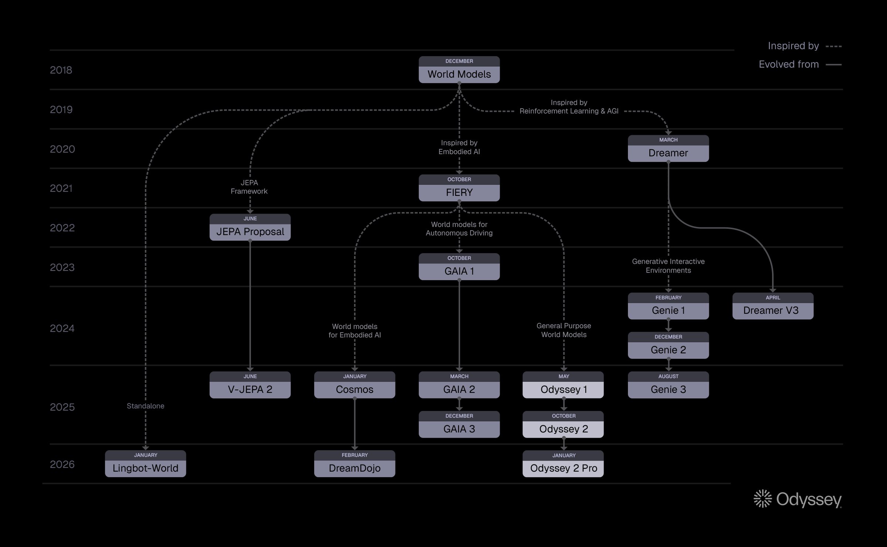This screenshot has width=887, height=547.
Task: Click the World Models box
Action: click(x=459, y=70)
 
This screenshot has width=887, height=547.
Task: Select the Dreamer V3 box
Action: click(x=772, y=306)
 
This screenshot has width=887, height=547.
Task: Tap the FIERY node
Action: click(x=459, y=188)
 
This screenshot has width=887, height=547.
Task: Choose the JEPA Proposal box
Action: click(x=250, y=227)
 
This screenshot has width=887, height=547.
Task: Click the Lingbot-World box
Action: click(x=145, y=464)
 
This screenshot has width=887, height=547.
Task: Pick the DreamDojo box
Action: click(x=354, y=464)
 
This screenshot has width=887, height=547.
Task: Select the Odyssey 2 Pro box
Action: click(x=563, y=464)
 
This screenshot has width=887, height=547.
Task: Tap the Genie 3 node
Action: click(x=668, y=385)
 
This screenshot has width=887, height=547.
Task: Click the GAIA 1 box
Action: click(x=459, y=267)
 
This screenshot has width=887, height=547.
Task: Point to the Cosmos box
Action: click(x=354, y=385)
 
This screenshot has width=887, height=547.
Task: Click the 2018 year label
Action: click(x=61, y=70)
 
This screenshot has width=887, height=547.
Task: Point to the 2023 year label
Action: click(x=62, y=267)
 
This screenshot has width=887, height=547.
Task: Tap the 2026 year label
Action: click(x=62, y=464)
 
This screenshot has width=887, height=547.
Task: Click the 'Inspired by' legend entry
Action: click(x=804, y=46)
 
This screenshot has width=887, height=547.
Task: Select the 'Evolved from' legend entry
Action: click(x=800, y=64)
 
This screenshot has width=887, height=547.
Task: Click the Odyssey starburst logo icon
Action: click(x=762, y=499)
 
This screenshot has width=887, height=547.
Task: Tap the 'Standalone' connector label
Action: click(x=145, y=406)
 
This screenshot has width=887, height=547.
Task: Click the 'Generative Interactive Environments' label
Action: click(x=668, y=266)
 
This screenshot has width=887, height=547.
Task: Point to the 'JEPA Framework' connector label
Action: click(x=249, y=187)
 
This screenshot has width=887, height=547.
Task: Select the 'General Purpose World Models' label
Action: click(x=564, y=330)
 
